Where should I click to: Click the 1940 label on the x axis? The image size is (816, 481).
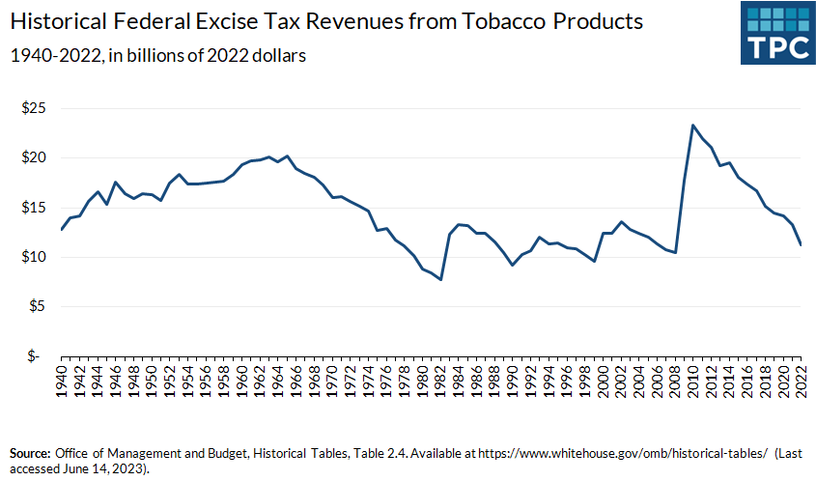(x=62, y=379)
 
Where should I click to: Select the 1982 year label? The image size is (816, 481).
(x=440, y=379)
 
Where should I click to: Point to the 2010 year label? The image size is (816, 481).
(x=691, y=379)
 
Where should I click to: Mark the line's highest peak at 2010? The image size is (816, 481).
(x=692, y=126)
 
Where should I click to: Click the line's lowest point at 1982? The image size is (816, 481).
(x=441, y=279)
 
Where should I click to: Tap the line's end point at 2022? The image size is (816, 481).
(x=800, y=244)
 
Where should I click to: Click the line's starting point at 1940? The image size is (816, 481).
(x=62, y=229)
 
